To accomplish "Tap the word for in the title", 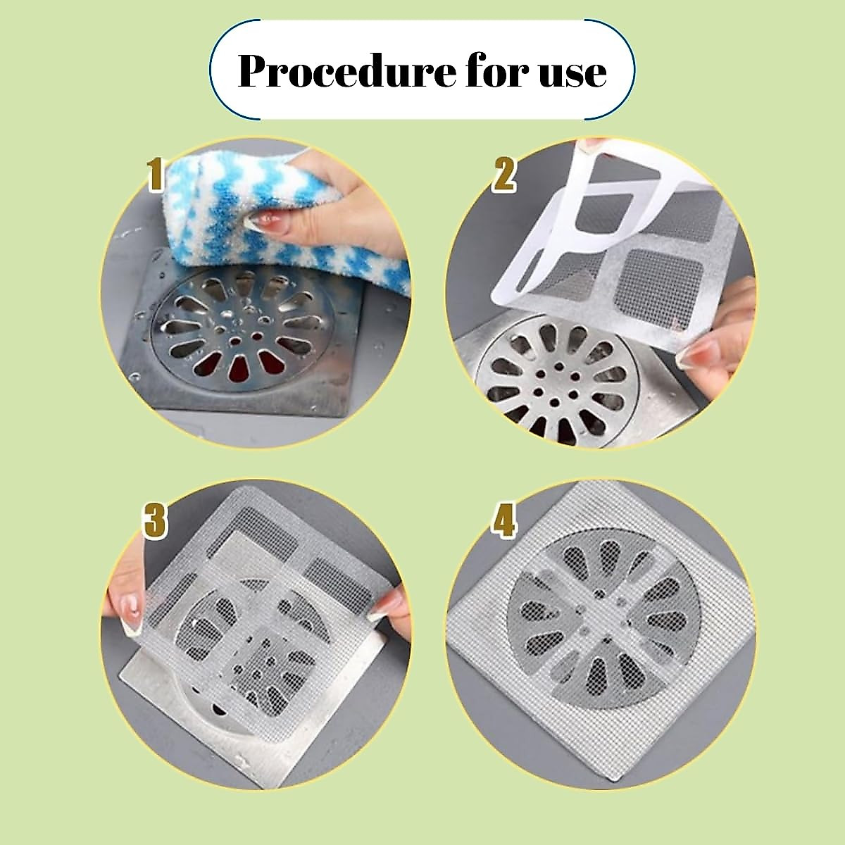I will click(x=492, y=71).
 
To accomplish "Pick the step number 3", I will click(x=156, y=521).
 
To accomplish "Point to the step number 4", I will click(x=503, y=521).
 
